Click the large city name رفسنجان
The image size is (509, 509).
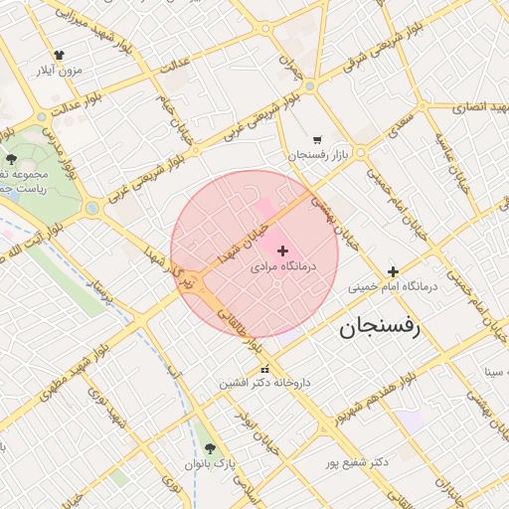[381, 327]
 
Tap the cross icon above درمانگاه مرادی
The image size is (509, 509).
[283, 251]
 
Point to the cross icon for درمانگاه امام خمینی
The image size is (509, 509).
[393, 271]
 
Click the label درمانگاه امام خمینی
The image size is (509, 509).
[393, 286]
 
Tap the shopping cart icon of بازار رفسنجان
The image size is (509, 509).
[317, 140]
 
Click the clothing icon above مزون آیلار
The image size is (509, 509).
[59, 56]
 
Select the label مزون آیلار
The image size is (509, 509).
[57, 71]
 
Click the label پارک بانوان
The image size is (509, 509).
[211, 464]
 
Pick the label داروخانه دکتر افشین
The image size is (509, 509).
[265, 383]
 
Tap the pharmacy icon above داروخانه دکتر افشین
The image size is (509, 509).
[236, 368]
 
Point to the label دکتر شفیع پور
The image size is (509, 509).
[357, 463]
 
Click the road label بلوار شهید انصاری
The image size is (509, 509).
[467, 105]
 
